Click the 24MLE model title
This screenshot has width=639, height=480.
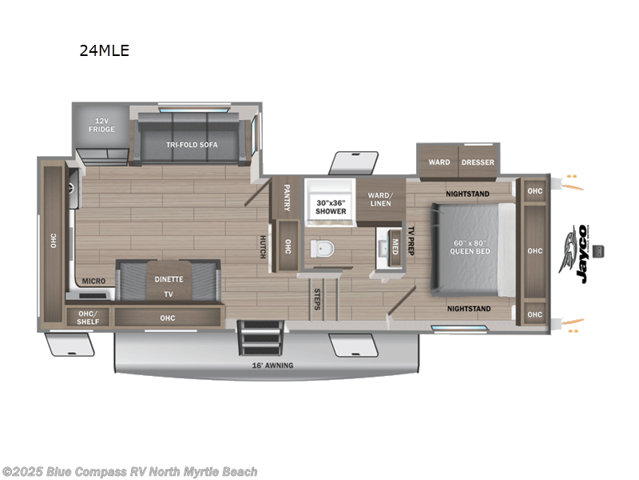tap(104, 50)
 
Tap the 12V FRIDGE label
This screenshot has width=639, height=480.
tap(101, 125)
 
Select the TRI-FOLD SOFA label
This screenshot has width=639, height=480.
tap(192, 145)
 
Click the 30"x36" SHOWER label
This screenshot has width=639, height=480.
tap(331, 207)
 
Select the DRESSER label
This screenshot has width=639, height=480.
tap(478, 162)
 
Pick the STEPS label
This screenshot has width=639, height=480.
tap(317, 298)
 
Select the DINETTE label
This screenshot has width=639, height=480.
tap(169, 279)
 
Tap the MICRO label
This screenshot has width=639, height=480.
tap(95, 281)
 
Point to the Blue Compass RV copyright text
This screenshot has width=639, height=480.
tap(129, 472)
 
